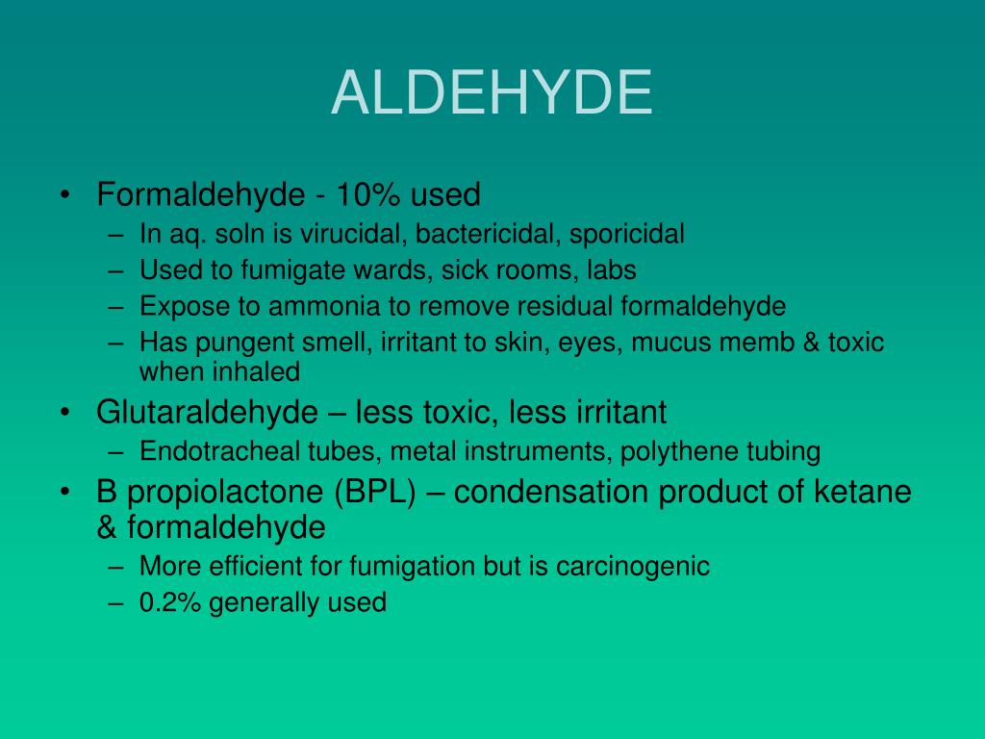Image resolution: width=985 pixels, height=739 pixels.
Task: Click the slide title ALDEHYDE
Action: [492, 93]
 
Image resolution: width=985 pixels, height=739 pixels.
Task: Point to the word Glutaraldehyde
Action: [207, 413]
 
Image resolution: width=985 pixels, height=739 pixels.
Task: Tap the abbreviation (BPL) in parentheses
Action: [375, 493]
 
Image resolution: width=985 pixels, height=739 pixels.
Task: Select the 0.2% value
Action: [170, 603]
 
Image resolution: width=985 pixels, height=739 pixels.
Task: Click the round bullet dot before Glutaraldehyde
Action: [63, 413]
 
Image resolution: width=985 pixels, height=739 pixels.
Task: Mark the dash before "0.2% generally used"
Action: [116, 603]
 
